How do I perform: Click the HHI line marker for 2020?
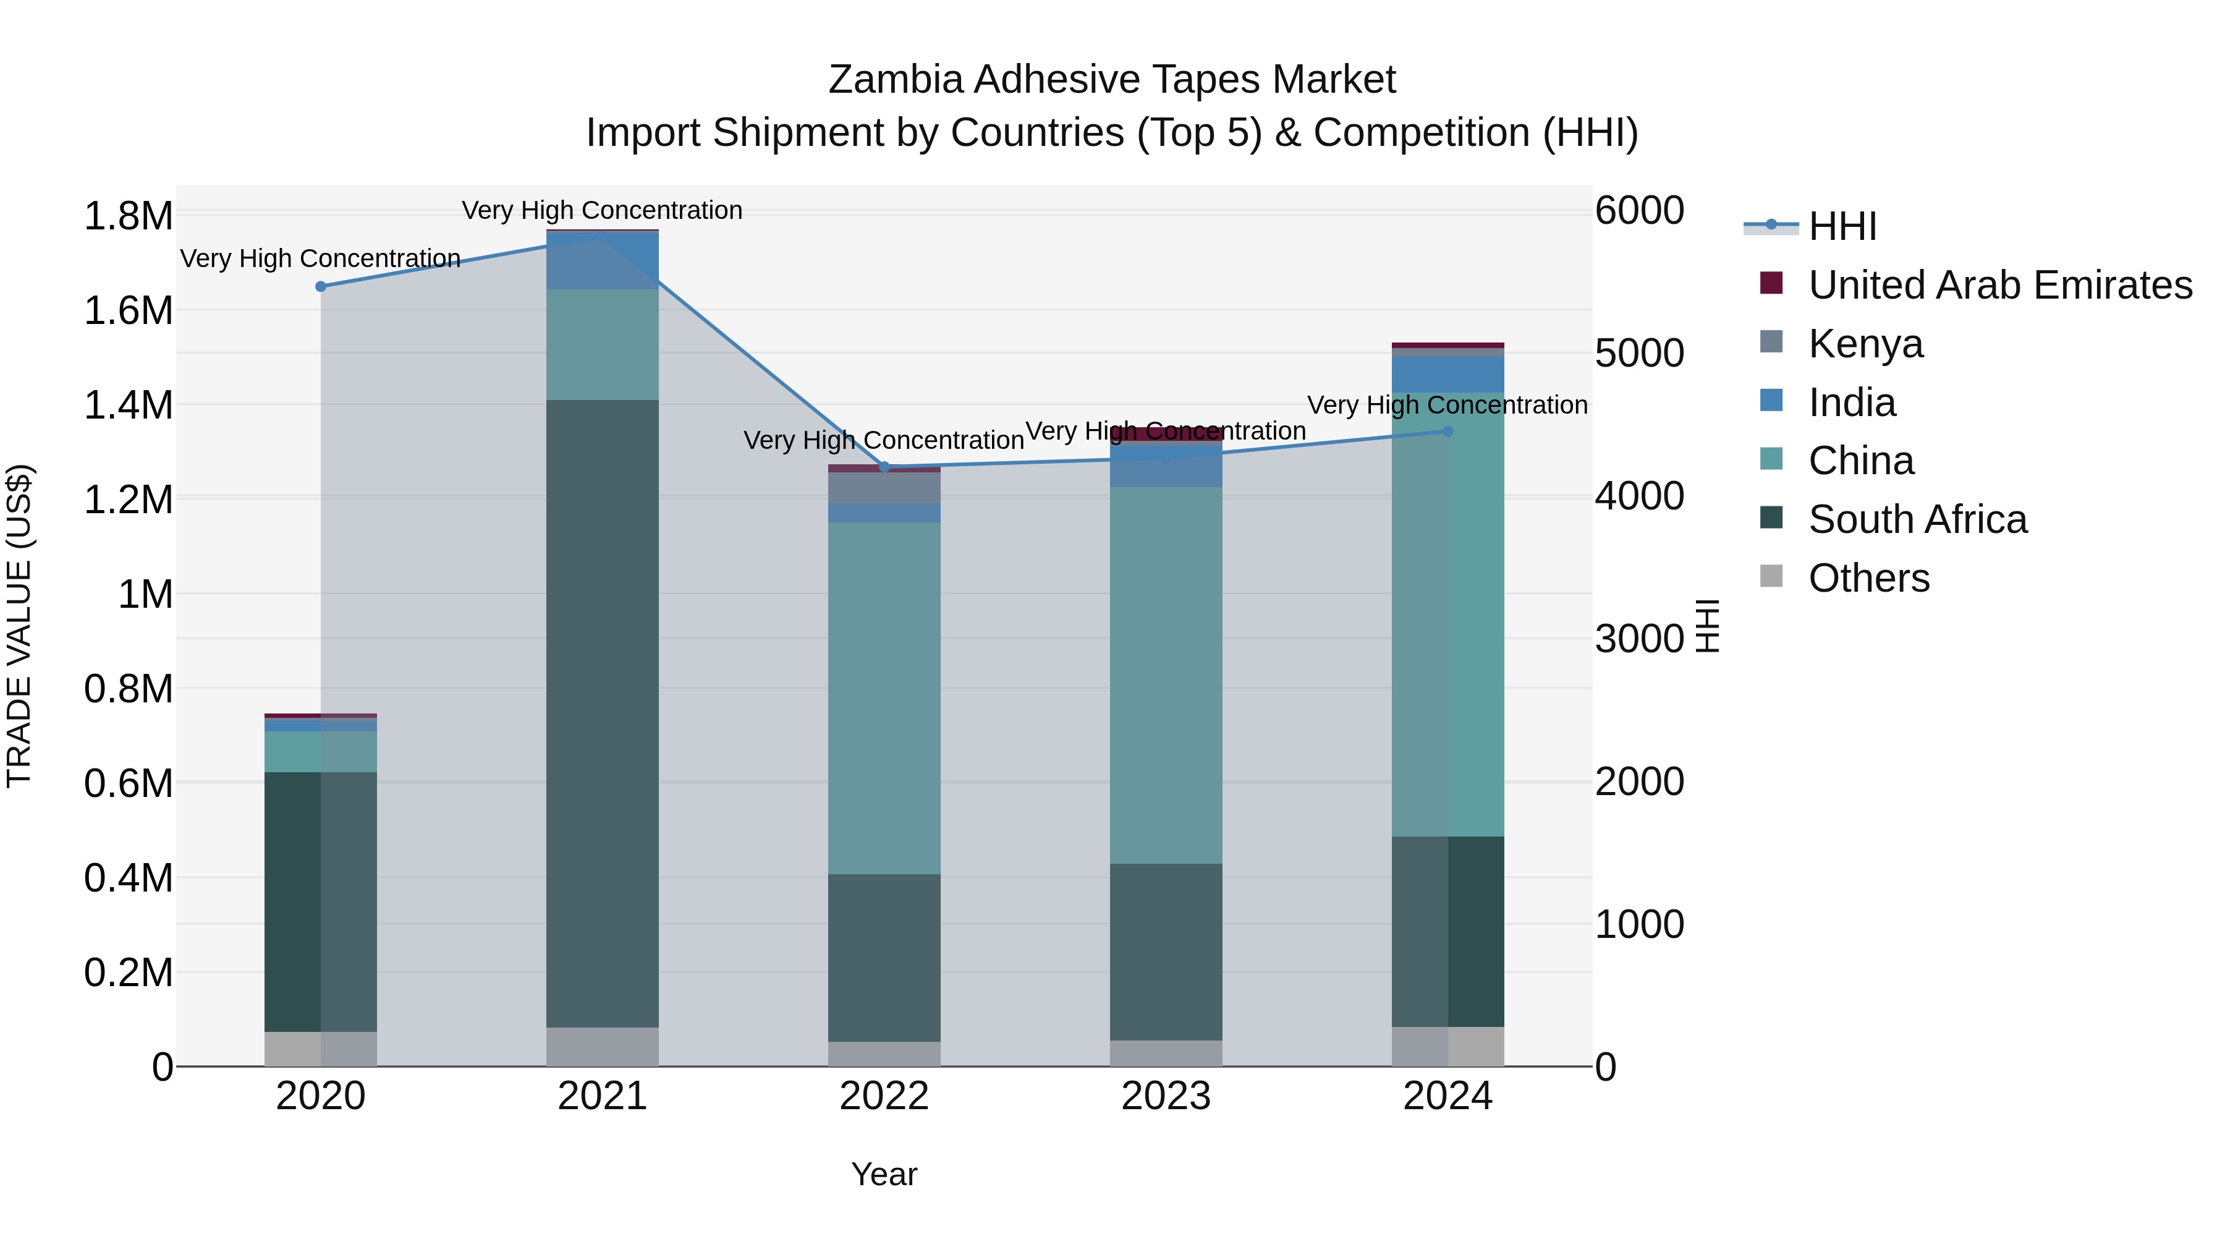pyautogui.click(x=320, y=286)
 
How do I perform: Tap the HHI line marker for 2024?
pyautogui.click(x=1447, y=431)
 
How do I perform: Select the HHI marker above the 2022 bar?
pyautogui.click(x=884, y=467)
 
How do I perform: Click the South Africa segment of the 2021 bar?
pyautogui.click(x=602, y=713)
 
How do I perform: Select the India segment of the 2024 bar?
pyautogui.click(x=1447, y=374)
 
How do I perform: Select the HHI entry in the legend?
pyautogui.click(x=1842, y=226)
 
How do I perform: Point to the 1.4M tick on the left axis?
pyautogui.click(x=128, y=404)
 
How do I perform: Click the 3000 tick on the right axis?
pyautogui.click(x=1638, y=639)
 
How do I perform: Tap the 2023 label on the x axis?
pyautogui.click(x=1166, y=1096)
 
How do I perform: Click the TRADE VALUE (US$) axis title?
pyautogui.click(x=19, y=626)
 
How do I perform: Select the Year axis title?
pyautogui.click(x=884, y=1174)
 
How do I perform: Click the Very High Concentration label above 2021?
pyautogui.click(x=602, y=210)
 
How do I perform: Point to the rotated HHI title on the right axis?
pyautogui.click(x=1706, y=626)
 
